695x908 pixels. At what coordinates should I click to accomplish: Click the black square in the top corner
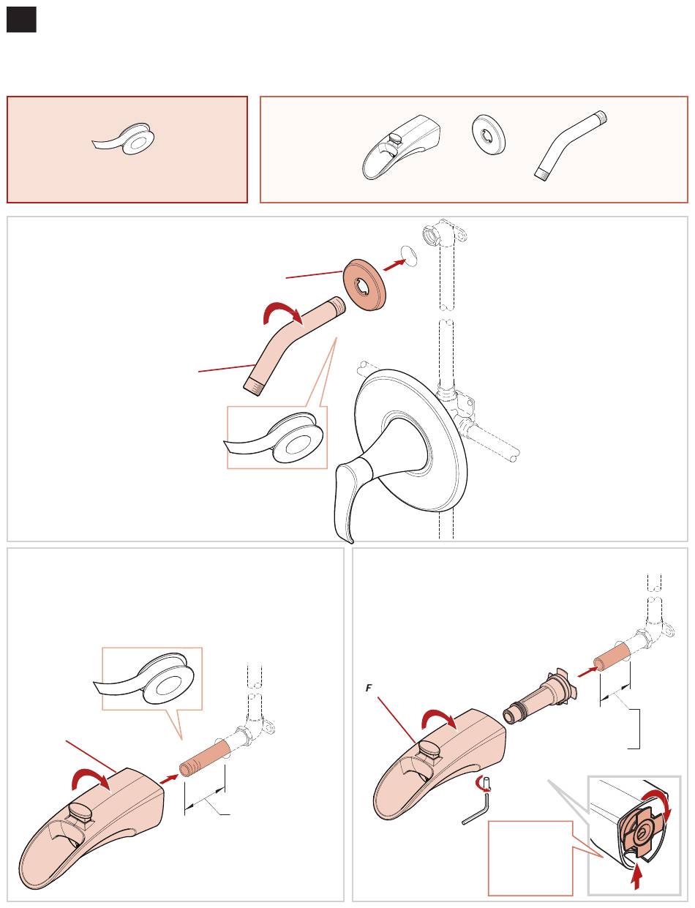[21, 20]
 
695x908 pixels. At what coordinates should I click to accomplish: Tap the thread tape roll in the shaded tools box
[124, 139]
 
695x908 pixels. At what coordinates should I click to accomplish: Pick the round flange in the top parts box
[489, 135]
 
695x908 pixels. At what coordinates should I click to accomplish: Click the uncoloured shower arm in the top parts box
[571, 145]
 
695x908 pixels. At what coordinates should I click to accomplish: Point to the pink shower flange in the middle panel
[364, 284]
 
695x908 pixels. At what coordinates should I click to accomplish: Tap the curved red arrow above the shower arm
[282, 314]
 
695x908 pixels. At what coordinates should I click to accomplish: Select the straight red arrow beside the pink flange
[395, 265]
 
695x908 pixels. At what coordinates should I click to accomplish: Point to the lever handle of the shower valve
[354, 495]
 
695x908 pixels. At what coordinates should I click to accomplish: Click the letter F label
[369, 688]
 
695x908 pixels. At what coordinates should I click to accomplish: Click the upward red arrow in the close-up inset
[636, 877]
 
